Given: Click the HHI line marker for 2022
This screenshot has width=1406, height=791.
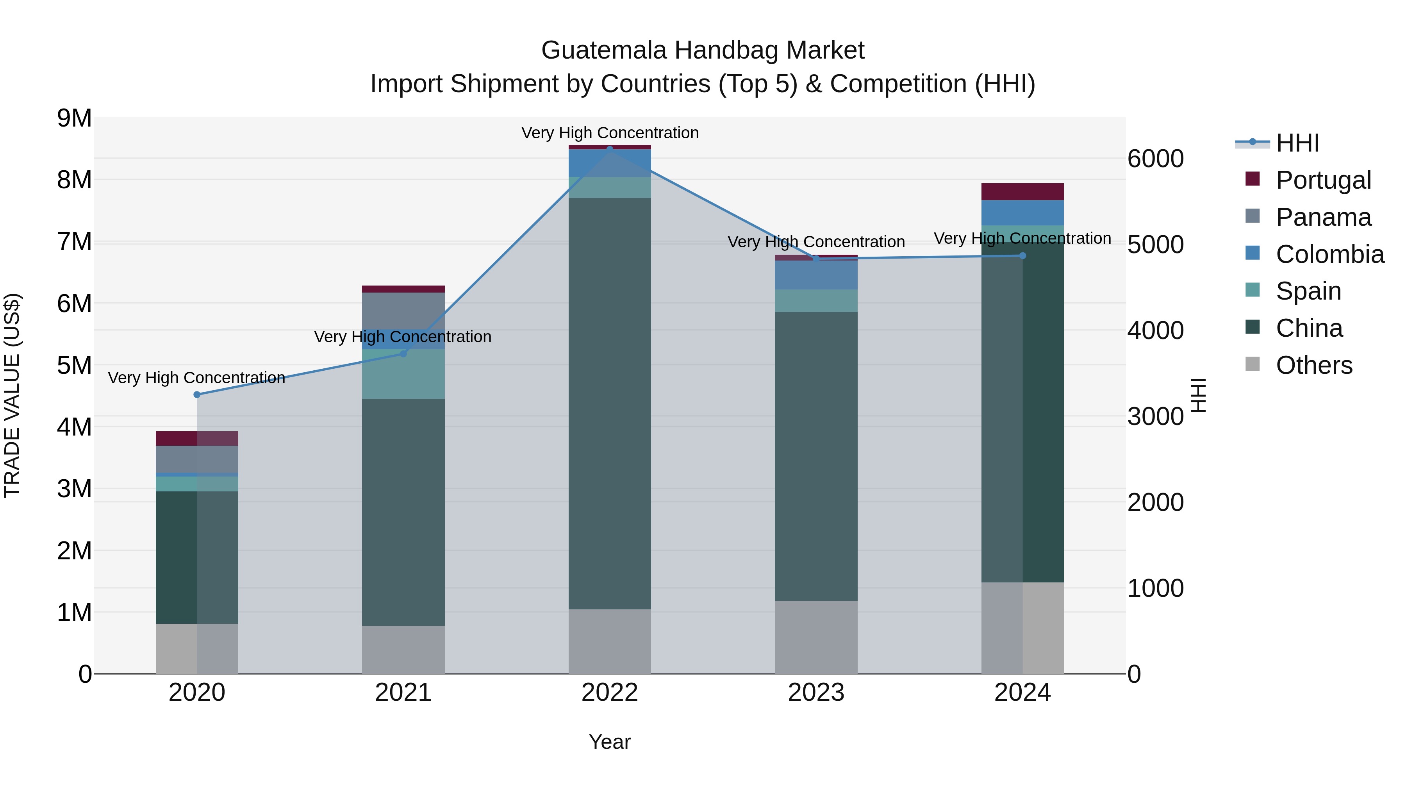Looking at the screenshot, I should click(x=610, y=148).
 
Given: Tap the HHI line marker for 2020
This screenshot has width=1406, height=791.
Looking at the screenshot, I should click(x=197, y=395).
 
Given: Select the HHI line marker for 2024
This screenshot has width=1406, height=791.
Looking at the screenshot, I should click(x=1022, y=255).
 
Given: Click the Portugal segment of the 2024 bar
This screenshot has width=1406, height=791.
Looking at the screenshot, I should click(x=1022, y=192).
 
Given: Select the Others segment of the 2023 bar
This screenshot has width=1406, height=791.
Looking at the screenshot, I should click(x=816, y=637).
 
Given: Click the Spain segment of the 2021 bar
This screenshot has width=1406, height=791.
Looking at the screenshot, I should click(x=403, y=374).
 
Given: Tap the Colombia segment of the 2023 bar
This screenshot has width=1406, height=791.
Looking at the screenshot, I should click(x=816, y=275).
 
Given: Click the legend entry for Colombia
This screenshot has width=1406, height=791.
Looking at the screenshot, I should click(x=1329, y=254).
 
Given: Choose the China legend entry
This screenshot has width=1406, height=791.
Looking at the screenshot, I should click(x=1309, y=328).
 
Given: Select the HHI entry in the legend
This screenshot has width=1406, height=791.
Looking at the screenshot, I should click(x=1297, y=143).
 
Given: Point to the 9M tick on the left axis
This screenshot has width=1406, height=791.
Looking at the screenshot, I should click(x=74, y=118).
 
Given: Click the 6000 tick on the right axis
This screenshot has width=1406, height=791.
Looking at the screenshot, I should click(x=1156, y=159).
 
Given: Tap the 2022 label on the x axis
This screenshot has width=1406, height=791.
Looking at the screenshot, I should click(x=610, y=693).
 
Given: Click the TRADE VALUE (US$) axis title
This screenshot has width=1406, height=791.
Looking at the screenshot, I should click(x=12, y=395).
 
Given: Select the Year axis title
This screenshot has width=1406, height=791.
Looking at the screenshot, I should click(x=610, y=742).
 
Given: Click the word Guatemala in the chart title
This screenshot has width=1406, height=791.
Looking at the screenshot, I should click(x=604, y=50).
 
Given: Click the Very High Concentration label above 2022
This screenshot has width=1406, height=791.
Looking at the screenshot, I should click(x=610, y=133).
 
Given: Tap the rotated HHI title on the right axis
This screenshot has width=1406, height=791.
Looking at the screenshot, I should click(x=1198, y=395).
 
